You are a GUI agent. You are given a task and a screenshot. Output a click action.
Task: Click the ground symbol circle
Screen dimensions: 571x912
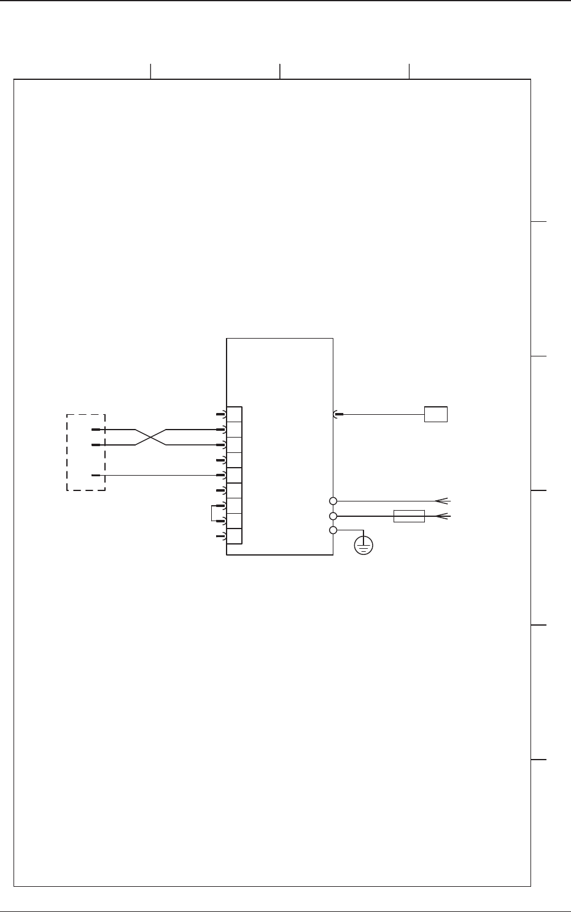(x=364, y=545)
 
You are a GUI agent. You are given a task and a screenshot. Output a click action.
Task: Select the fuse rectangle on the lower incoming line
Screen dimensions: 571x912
(x=409, y=516)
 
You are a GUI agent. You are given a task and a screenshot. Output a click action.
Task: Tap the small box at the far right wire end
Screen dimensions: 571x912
(x=435, y=414)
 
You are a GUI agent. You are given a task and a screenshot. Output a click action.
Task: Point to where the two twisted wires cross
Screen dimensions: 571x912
(x=151, y=437)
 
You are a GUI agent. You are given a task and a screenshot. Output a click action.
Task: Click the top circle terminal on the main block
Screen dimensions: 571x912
(x=333, y=501)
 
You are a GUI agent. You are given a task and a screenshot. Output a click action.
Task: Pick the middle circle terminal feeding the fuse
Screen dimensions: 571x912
(x=333, y=516)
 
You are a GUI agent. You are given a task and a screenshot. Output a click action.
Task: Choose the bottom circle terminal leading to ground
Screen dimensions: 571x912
(x=333, y=530)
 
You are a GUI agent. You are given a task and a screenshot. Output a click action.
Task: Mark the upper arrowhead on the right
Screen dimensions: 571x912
(x=444, y=501)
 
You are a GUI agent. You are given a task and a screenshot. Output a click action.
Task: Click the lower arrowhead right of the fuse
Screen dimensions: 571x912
(x=444, y=516)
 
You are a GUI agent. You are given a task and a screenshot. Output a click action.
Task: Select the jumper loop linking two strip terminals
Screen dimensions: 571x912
(x=212, y=513)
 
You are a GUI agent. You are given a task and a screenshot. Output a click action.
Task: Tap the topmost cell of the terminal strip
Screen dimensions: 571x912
(x=235, y=414)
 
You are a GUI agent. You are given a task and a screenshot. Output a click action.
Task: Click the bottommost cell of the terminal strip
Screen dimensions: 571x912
(x=235, y=536)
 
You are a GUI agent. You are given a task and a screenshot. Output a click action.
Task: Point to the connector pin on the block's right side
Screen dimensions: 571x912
(x=337, y=414)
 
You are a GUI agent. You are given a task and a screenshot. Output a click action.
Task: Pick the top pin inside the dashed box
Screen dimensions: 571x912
(x=96, y=430)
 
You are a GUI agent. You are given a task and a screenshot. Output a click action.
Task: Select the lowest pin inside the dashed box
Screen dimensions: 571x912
(x=96, y=475)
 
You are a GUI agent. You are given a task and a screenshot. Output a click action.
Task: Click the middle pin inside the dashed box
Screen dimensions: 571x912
(x=96, y=444)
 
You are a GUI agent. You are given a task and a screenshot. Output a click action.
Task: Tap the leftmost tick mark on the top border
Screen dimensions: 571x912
(x=150, y=71)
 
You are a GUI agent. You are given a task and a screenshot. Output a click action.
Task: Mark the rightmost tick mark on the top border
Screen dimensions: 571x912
(x=409, y=71)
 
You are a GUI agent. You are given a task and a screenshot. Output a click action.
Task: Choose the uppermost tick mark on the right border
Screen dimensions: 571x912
(x=538, y=220)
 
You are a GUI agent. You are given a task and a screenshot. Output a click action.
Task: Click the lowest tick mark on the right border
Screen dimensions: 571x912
(x=538, y=760)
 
